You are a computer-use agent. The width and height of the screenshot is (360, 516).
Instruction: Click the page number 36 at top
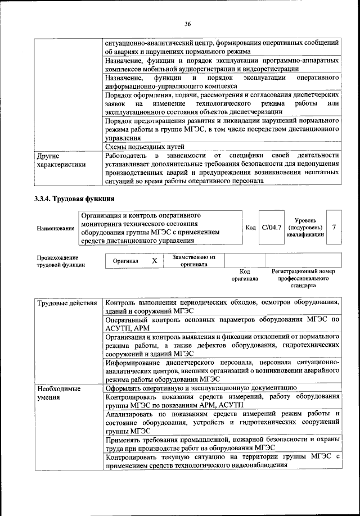pyautogui.click(x=187, y=23)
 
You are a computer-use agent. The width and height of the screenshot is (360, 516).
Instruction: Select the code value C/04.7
pyautogui.click(x=271, y=228)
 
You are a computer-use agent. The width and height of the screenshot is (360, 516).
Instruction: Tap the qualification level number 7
pyautogui.click(x=334, y=227)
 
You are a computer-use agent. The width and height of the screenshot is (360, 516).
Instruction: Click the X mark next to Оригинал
pyautogui.click(x=154, y=261)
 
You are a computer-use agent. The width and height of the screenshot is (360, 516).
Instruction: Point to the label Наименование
pyautogui.click(x=56, y=228)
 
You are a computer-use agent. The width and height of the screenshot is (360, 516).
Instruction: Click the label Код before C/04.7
pyautogui.click(x=251, y=228)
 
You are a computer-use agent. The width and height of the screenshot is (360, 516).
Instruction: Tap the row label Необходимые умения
pyautogui.click(x=58, y=393)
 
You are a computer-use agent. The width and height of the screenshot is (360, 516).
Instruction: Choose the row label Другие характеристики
pyautogui.click(x=61, y=160)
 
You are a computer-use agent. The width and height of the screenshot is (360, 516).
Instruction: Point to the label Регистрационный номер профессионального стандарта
pyautogui.click(x=303, y=278)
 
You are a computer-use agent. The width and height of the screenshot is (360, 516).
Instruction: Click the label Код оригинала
pyautogui.click(x=244, y=275)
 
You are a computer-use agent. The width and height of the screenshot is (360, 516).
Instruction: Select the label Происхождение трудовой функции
pyautogui.click(x=61, y=261)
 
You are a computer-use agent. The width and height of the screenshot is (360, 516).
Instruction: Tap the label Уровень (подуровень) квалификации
pyautogui.click(x=304, y=228)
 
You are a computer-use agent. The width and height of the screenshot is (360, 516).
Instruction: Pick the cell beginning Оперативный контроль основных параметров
pyautogui.click(x=222, y=324)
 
